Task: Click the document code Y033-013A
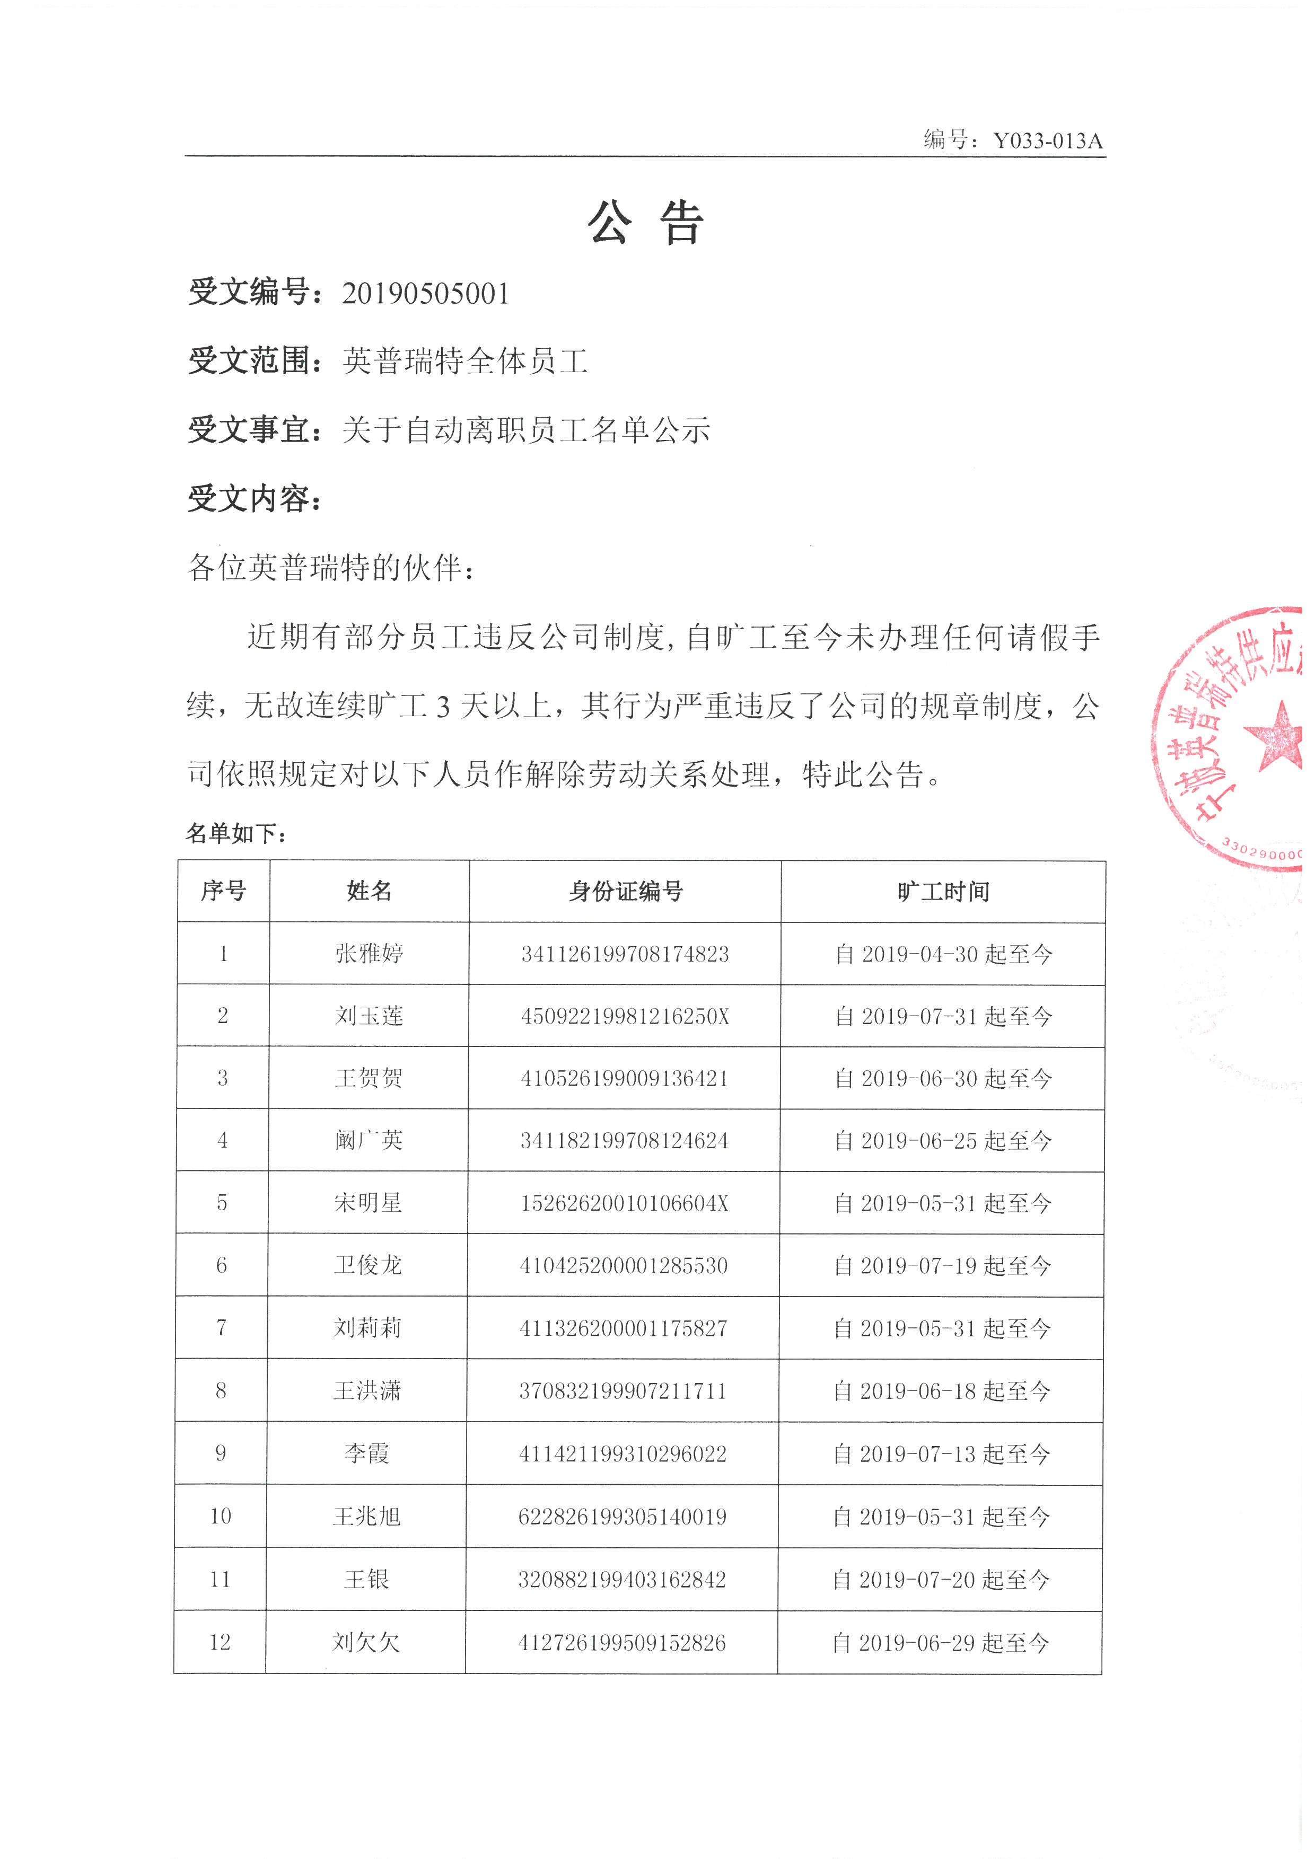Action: pyautogui.click(x=1047, y=141)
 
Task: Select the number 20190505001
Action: pyautogui.click(x=426, y=293)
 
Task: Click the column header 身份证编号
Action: pyautogui.click(x=625, y=892)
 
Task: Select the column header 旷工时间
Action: pyautogui.click(x=943, y=892)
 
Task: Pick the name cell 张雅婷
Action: pyautogui.click(x=369, y=954)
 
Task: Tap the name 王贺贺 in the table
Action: pyautogui.click(x=369, y=1079)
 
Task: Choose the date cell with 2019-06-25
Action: pyautogui.click(x=943, y=1141)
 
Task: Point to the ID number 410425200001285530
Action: pyautogui.click(x=624, y=1265)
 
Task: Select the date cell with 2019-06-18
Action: pyautogui.click(x=942, y=1391)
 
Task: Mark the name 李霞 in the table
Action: pyautogui.click(x=367, y=1453)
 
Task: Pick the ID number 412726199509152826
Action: pyautogui.click(x=622, y=1642)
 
